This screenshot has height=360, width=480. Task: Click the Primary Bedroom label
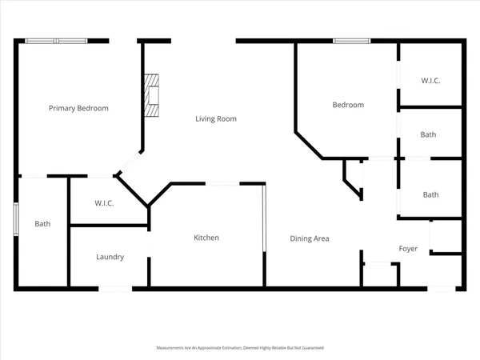tap(78, 108)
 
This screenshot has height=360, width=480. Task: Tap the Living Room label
tap(216, 119)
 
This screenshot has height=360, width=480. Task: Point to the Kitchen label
tap(206, 238)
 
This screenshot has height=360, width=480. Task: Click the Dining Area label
tap(310, 238)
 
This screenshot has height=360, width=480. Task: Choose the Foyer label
tap(409, 249)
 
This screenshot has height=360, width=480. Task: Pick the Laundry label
tap(110, 257)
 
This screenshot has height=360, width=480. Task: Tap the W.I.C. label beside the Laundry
tap(104, 203)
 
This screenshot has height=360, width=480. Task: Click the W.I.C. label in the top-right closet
tap(431, 81)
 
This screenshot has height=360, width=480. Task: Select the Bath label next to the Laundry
tap(42, 224)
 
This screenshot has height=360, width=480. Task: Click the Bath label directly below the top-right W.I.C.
tap(429, 134)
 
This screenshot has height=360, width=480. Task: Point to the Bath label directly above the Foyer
tap(430, 194)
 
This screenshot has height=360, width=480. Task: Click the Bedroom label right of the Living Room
tap(348, 105)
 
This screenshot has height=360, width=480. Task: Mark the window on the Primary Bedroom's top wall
tap(56, 41)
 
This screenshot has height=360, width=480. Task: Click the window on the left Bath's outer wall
tap(15, 220)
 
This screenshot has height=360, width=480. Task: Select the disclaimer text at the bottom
tap(239, 348)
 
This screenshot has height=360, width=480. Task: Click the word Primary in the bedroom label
tap(62, 108)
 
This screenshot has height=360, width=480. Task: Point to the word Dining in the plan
tap(302, 238)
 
